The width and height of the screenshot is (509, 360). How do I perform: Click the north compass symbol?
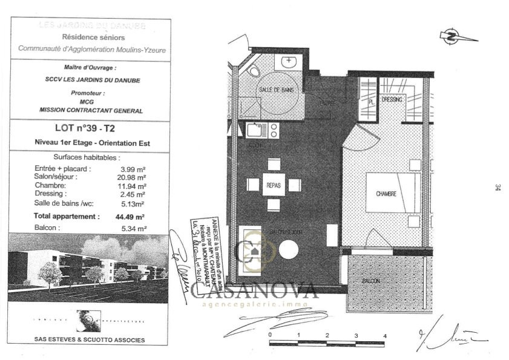[x=451, y=36]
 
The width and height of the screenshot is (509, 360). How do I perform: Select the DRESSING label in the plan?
[x=392, y=99]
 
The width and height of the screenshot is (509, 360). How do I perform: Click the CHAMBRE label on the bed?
[x=386, y=194]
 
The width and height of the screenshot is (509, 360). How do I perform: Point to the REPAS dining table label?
[x=274, y=185]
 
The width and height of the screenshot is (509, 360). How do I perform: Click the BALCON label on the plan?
[x=371, y=281]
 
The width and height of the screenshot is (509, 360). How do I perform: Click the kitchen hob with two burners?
[x=273, y=130]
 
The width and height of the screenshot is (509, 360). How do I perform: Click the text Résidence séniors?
[x=90, y=37]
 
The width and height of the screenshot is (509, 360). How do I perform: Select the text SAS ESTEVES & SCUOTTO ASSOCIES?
[x=90, y=340]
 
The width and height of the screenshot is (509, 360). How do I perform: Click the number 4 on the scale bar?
[x=384, y=335]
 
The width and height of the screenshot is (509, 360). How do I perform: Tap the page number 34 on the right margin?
[x=496, y=188]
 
